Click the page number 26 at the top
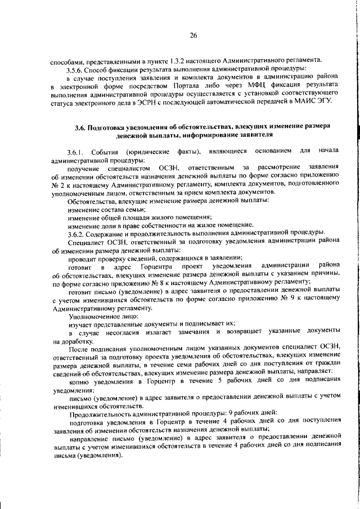(x=193, y=35)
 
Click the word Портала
(x=179, y=85)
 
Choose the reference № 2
(x=57, y=184)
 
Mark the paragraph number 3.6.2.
(x=75, y=233)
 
